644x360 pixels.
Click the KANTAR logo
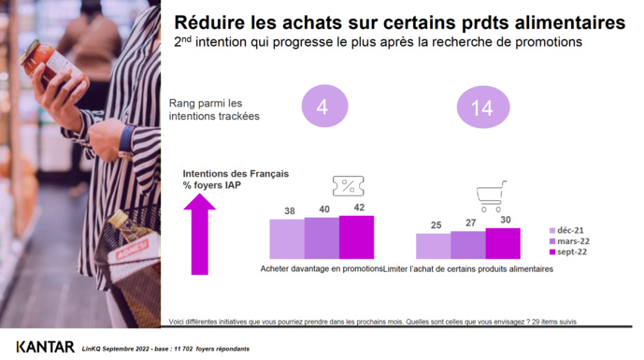coord(45,347)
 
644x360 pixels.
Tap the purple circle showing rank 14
coord(482,108)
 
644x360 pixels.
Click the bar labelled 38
coord(287,238)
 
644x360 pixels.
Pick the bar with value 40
coord(322,238)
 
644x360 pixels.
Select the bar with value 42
coord(356,237)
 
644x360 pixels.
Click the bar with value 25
coord(433,246)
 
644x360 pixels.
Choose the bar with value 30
coord(503,243)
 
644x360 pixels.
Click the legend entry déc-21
coord(569,230)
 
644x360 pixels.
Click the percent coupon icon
coord(349,187)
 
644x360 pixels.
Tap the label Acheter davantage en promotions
coord(322,269)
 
